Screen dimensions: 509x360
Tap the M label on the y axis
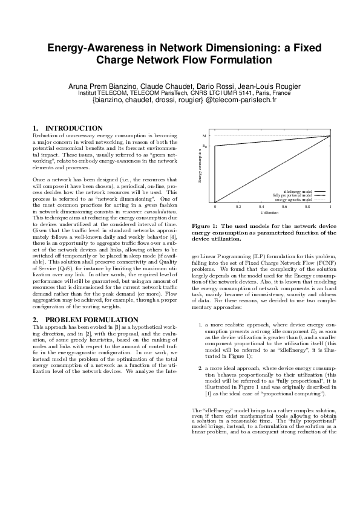tap(204, 137)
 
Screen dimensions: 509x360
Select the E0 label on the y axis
tap(205, 146)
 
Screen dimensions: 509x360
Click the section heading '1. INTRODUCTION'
tap(67, 128)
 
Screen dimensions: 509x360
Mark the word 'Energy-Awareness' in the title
tap(93, 48)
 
